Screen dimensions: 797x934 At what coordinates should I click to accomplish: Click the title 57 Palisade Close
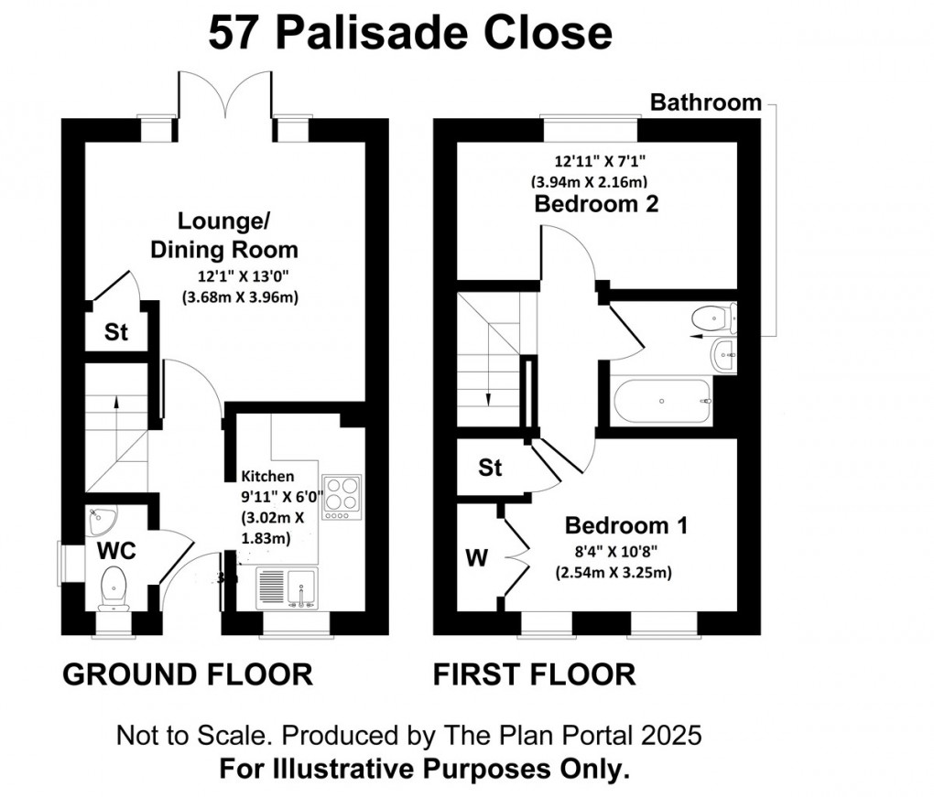(x=409, y=34)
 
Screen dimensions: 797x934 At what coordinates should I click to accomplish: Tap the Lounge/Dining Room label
(x=237, y=235)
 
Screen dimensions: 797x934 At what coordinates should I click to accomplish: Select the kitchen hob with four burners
(x=342, y=495)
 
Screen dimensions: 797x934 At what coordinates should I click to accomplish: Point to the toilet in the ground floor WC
(x=114, y=587)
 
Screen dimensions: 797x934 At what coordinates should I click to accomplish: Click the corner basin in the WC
(x=100, y=521)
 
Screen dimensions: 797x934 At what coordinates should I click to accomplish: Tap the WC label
(x=117, y=552)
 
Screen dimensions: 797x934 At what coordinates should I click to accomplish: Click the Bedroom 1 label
(x=626, y=526)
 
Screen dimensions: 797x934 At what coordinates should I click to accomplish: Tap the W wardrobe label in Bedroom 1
(x=476, y=556)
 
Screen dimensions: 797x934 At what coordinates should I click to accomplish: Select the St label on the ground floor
(x=115, y=332)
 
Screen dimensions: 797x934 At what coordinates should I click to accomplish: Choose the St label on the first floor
(x=490, y=469)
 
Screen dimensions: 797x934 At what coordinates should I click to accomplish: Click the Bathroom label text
(x=705, y=102)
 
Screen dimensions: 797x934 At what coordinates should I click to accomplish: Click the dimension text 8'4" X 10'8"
(x=614, y=552)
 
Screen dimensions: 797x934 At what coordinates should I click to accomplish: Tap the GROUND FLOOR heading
(x=187, y=674)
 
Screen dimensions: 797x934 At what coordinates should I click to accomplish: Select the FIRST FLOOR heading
(x=534, y=674)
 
